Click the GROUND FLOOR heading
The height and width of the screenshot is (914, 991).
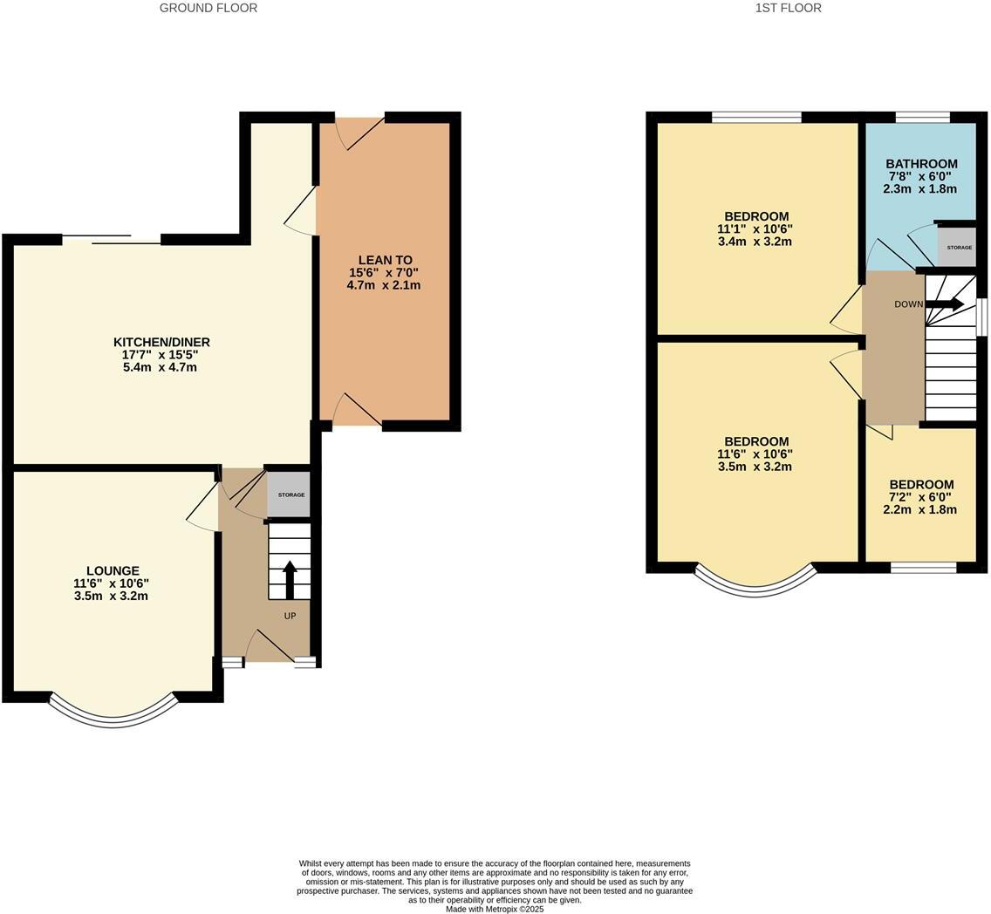208,8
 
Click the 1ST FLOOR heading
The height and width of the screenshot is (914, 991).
788,8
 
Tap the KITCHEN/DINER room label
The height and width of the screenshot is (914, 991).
161,343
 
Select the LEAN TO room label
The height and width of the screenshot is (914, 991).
385,260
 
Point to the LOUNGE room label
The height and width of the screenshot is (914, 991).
113,571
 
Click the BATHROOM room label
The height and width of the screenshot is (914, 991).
921,164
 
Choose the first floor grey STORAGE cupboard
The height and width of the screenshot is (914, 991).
959,247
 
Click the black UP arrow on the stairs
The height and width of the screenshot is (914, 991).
290,580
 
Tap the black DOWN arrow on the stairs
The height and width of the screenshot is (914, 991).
945,304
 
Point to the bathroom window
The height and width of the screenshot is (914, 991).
923,117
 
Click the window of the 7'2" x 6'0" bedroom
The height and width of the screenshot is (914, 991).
923,567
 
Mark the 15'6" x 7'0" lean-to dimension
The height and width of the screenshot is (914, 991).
384,273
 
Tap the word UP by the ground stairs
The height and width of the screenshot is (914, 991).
290,616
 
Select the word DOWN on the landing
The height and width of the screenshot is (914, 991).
909,304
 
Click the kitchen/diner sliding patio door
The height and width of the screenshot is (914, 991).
112,239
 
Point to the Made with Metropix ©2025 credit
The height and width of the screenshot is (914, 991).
495,909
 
